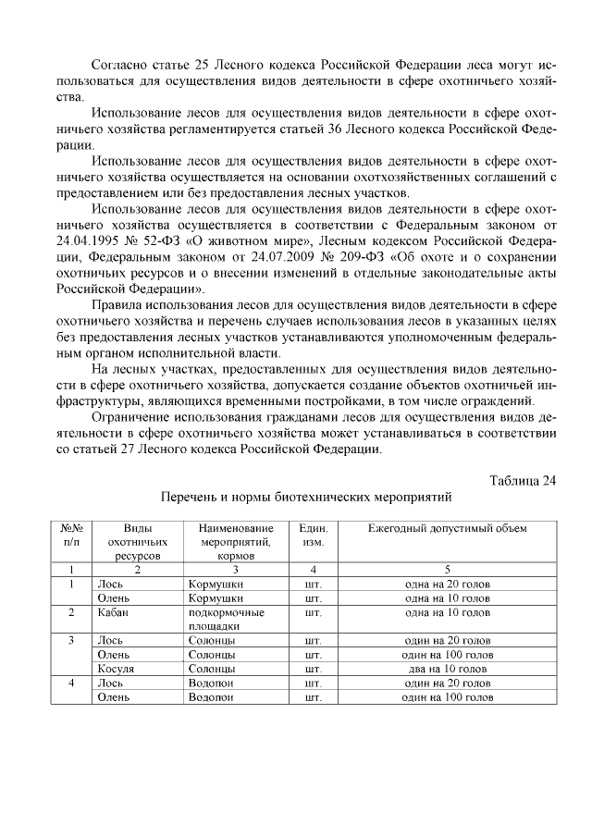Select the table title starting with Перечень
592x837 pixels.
(x=306, y=497)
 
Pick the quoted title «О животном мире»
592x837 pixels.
(x=221, y=241)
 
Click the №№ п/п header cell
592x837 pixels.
(x=72, y=535)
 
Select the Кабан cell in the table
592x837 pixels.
(x=112, y=612)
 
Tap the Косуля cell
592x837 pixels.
(x=116, y=668)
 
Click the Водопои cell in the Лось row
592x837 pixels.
(x=211, y=683)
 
